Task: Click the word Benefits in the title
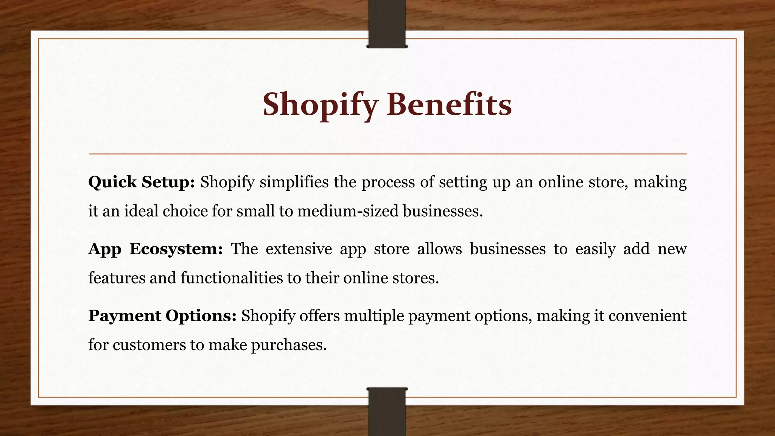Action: (449, 104)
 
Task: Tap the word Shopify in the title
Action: (320, 105)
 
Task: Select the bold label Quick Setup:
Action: (142, 182)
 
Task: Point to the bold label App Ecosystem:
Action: (156, 249)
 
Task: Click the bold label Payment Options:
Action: (162, 316)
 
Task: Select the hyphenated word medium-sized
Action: (348, 211)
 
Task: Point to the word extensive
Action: (299, 249)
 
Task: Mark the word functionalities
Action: (231, 278)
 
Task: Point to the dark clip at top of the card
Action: (387, 24)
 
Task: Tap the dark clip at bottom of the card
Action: (387, 411)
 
